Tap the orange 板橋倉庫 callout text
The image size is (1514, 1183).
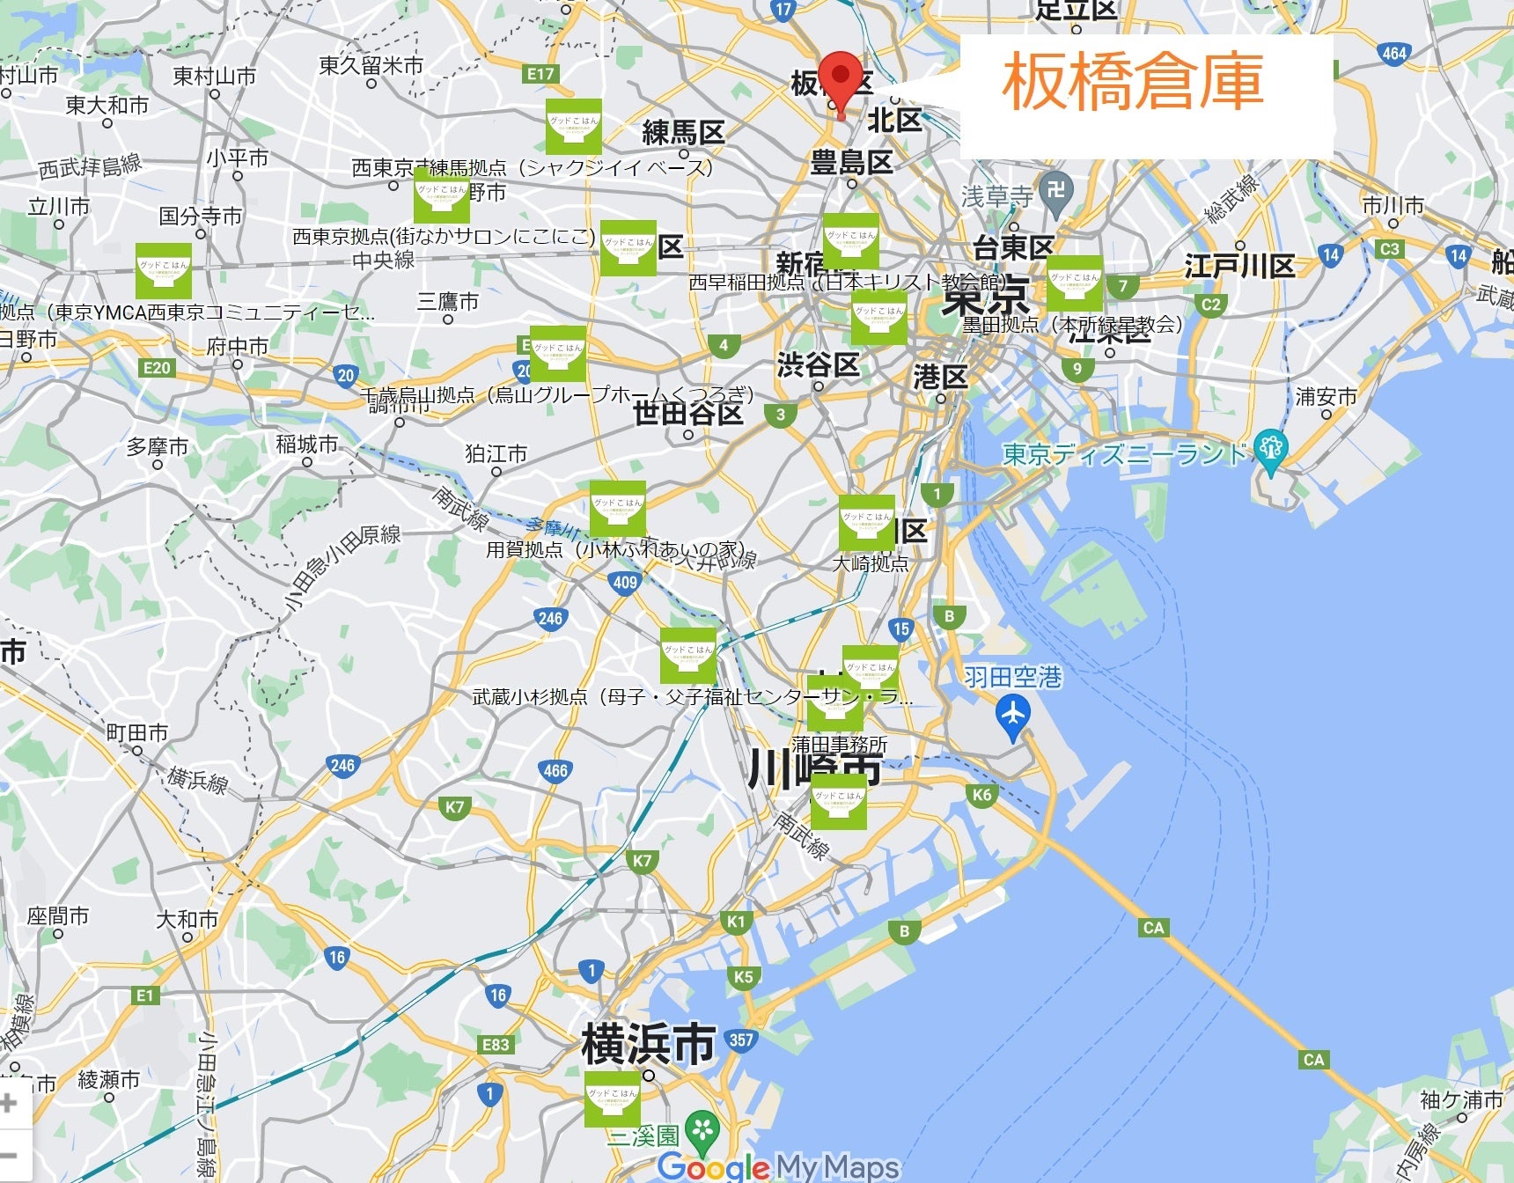point(1133,81)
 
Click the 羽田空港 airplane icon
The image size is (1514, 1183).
point(1013,714)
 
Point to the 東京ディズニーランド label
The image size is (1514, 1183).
point(1126,454)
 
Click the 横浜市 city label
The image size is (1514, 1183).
point(648,1044)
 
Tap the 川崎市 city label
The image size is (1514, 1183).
point(814,769)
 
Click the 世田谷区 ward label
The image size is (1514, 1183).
point(688,412)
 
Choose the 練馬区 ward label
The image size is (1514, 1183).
point(683,133)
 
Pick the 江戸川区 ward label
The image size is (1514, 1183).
point(1239,266)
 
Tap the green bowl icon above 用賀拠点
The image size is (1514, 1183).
point(618,509)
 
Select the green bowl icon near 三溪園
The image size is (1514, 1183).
point(613,1098)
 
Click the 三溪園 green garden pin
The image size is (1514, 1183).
point(702,1130)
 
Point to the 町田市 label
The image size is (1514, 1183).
point(137,732)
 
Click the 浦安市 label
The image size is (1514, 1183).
point(1326,397)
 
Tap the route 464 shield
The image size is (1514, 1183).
point(1393,53)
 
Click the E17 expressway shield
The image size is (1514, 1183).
point(540,74)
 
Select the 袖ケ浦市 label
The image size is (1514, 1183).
point(1462,1099)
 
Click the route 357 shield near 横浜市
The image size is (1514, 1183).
point(741,1040)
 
